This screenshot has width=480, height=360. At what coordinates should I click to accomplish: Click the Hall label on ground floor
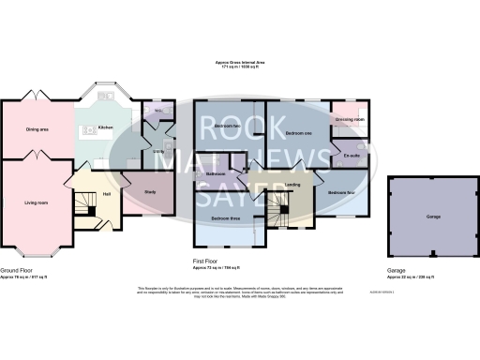[x=107, y=194]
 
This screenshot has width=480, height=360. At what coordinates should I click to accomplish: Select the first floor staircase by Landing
[x=277, y=204]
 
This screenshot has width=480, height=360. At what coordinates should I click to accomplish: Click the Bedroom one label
[x=297, y=133]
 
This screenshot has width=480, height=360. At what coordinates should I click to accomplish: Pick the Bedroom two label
[x=227, y=126]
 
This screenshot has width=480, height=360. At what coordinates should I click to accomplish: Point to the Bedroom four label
[x=341, y=192]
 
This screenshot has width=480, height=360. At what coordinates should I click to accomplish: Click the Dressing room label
[x=350, y=120]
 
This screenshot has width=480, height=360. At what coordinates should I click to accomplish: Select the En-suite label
[x=352, y=155]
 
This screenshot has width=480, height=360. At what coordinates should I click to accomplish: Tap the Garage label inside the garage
[x=433, y=217]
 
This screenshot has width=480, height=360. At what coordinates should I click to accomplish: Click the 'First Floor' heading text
[x=205, y=263]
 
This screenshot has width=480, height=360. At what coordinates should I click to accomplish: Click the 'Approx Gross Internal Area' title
[x=239, y=64]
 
